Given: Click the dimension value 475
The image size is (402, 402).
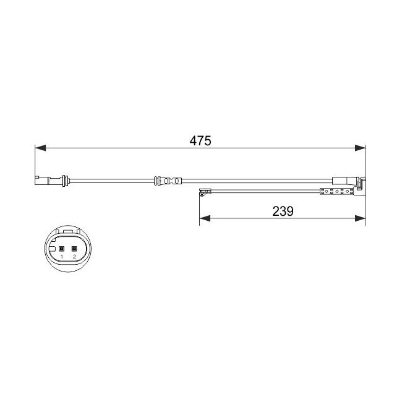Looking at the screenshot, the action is [x=200, y=141].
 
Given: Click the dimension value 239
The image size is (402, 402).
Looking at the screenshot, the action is [x=283, y=212].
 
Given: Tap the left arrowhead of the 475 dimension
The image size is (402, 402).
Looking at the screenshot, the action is [x=40, y=148].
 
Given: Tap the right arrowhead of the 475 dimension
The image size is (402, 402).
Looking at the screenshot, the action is [x=360, y=148].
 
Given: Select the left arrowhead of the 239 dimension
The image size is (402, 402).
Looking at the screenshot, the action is [x=205, y=218].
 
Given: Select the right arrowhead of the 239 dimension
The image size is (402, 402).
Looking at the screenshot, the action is [x=360, y=218].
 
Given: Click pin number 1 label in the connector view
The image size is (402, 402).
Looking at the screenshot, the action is [x=61, y=257].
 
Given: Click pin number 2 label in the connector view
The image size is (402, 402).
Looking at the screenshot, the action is [x=74, y=257].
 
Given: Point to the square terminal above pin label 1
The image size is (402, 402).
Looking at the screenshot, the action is [x=61, y=249].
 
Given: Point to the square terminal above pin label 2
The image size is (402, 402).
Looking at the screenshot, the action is [x=74, y=249].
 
